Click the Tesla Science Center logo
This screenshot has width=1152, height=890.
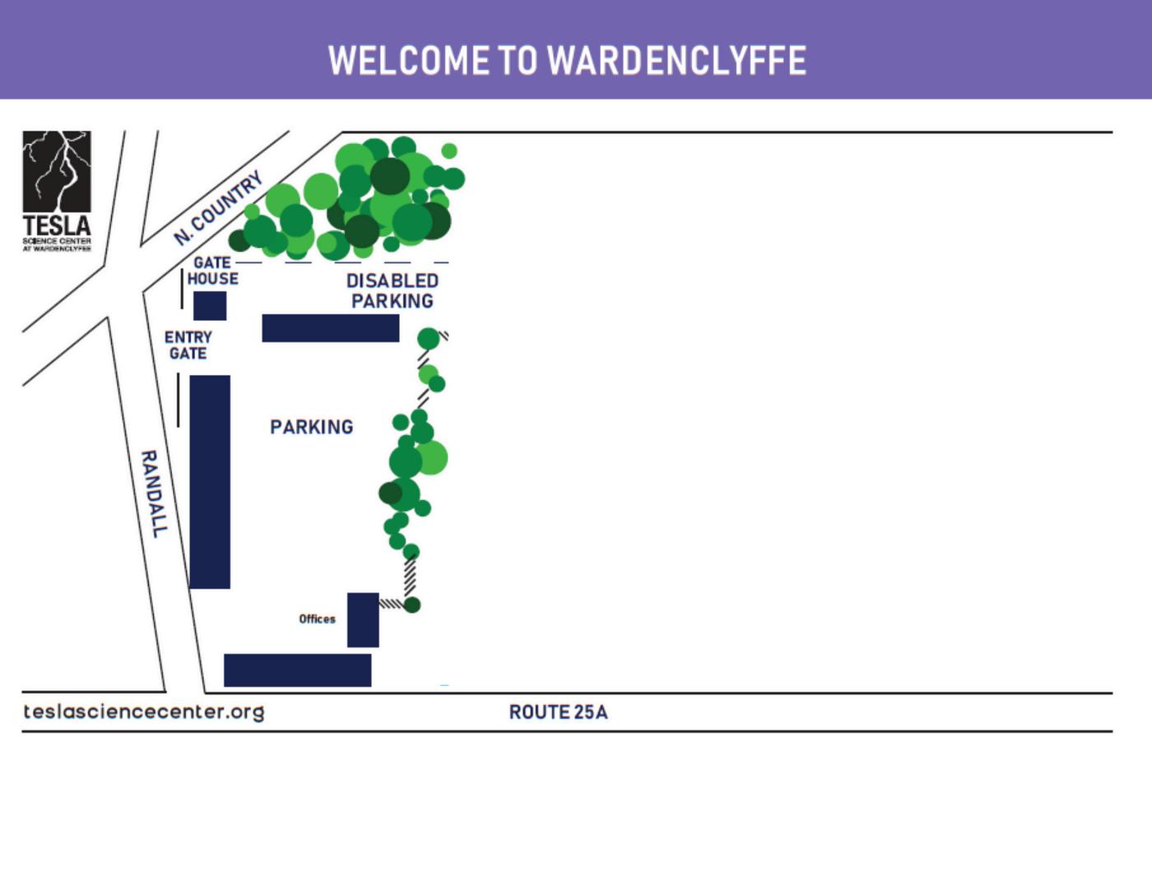(x=57, y=191)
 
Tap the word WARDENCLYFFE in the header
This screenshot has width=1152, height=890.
(x=676, y=61)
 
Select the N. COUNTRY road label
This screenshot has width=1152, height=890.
(x=218, y=208)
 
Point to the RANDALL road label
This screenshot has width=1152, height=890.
(x=154, y=494)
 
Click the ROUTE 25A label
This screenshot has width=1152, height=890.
(x=558, y=712)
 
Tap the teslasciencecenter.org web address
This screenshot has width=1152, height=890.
(x=144, y=712)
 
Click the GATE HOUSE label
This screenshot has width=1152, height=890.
(x=212, y=271)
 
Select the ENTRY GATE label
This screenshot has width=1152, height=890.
(x=188, y=345)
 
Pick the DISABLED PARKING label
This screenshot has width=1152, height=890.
(x=393, y=291)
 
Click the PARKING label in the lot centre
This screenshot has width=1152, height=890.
(x=312, y=427)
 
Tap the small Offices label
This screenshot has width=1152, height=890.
(x=317, y=619)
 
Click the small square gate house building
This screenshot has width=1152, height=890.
(x=210, y=306)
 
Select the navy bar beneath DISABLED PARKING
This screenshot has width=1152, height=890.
(x=330, y=327)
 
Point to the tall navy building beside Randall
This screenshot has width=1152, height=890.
(x=210, y=481)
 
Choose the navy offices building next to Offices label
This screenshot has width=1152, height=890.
(x=363, y=619)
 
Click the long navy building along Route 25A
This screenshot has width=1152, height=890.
(x=297, y=670)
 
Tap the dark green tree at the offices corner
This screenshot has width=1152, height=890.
(x=412, y=605)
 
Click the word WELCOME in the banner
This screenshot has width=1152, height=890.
(x=409, y=61)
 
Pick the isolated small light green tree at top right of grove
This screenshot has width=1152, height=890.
(x=449, y=151)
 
